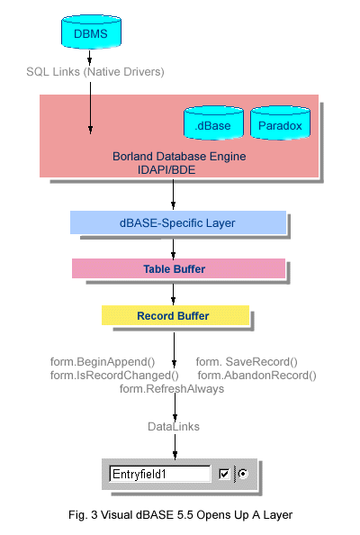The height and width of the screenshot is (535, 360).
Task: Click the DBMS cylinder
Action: (x=91, y=32)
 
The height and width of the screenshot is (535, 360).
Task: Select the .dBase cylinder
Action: (x=214, y=122)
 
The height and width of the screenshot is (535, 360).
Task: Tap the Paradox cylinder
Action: (x=280, y=122)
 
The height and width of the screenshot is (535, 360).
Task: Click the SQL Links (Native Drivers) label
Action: (x=95, y=72)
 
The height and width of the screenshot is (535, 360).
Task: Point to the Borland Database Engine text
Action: (x=179, y=157)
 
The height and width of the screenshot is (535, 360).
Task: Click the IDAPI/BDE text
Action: (x=166, y=169)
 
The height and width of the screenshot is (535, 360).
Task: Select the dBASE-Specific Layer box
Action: (x=178, y=222)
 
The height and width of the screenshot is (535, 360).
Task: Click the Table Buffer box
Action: (x=178, y=268)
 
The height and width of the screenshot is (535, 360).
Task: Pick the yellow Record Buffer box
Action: (x=175, y=315)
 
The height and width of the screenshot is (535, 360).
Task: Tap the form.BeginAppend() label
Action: (x=103, y=362)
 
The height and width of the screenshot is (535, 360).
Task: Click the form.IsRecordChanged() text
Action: (x=114, y=376)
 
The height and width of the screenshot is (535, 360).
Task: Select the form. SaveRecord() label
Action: (x=247, y=362)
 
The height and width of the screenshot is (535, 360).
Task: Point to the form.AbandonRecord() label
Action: (x=257, y=376)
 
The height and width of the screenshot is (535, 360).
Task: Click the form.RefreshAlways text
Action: (x=172, y=388)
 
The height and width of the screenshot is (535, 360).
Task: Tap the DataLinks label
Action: (x=174, y=427)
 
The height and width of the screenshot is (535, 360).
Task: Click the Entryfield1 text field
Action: (x=160, y=474)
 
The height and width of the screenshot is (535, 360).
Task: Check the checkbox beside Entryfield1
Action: (x=224, y=474)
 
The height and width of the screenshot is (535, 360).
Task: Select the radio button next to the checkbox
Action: (x=243, y=474)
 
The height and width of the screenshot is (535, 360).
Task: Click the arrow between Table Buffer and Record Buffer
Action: (x=173, y=295)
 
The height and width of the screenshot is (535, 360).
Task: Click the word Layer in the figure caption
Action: (x=278, y=515)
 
